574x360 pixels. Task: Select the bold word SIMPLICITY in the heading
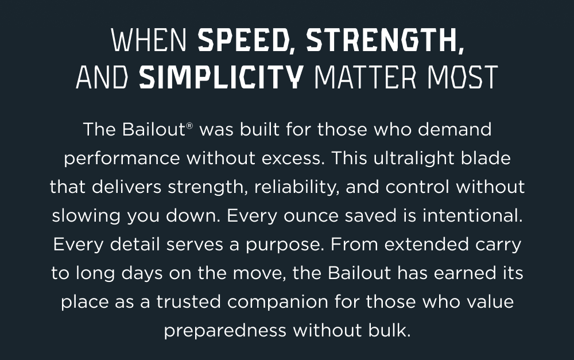[221, 77]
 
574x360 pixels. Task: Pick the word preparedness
[224, 331]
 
